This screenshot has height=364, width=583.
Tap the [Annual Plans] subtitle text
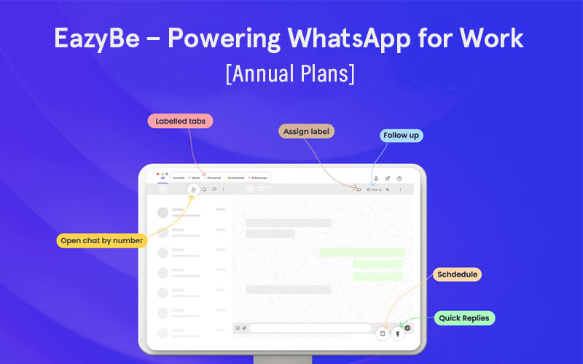(x=291, y=74)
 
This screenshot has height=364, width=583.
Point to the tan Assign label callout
(x=306, y=132)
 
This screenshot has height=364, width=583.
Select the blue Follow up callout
(x=402, y=135)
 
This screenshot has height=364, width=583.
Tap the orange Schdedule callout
(x=457, y=274)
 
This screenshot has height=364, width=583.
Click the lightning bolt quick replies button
(x=398, y=333)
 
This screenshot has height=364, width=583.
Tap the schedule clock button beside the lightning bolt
(x=383, y=333)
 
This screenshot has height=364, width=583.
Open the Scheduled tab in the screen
(x=236, y=178)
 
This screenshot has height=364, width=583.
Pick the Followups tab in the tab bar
(x=260, y=178)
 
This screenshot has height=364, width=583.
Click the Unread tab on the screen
(x=179, y=178)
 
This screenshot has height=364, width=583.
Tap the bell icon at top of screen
(x=375, y=178)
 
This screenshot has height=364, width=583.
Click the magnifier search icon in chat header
(x=388, y=189)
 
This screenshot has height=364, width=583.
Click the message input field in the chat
(x=310, y=328)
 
